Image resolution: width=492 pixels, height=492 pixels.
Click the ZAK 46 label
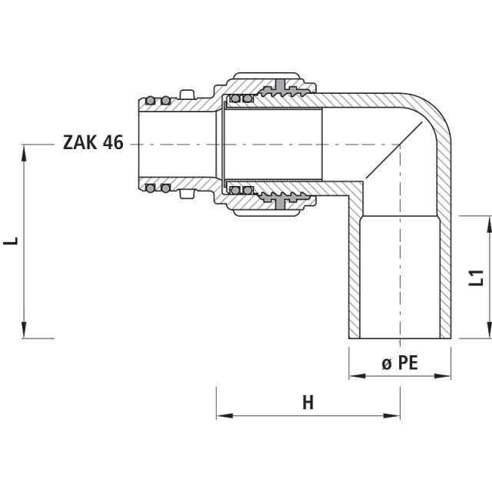(x=92, y=144)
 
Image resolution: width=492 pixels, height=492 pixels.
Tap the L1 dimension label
(x=477, y=278)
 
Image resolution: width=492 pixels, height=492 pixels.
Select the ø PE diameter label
(x=400, y=363)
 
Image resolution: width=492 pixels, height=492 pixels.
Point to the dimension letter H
(x=307, y=403)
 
